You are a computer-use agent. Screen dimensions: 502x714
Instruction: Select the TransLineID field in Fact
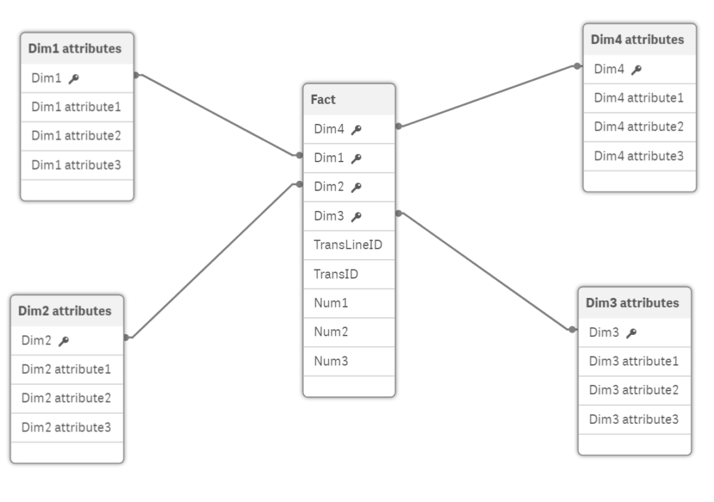click(x=348, y=245)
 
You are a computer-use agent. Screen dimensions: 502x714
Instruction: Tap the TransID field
click(x=336, y=274)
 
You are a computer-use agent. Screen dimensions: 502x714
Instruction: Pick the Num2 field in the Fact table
click(x=331, y=332)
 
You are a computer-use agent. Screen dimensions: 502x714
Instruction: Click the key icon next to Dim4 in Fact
click(x=356, y=130)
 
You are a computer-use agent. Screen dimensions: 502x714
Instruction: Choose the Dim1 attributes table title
click(x=75, y=49)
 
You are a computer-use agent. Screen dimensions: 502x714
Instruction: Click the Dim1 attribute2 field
click(x=76, y=136)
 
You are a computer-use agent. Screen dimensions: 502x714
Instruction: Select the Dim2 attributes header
click(x=65, y=311)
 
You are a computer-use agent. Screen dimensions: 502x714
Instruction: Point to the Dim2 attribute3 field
click(x=66, y=427)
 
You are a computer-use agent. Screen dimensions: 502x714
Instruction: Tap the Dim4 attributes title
click(x=637, y=40)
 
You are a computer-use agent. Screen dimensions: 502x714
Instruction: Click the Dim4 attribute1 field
click(x=639, y=98)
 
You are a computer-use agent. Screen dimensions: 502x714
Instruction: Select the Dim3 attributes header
click(x=632, y=303)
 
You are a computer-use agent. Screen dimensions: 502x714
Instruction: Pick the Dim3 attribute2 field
click(x=634, y=390)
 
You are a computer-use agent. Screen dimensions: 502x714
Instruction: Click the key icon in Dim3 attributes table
click(x=631, y=334)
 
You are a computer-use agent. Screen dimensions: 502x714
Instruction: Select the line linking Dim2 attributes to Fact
click(x=213, y=261)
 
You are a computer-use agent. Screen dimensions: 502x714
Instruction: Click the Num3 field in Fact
click(x=331, y=361)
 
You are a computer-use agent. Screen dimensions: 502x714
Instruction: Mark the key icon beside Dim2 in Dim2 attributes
click(x=63, y=341)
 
